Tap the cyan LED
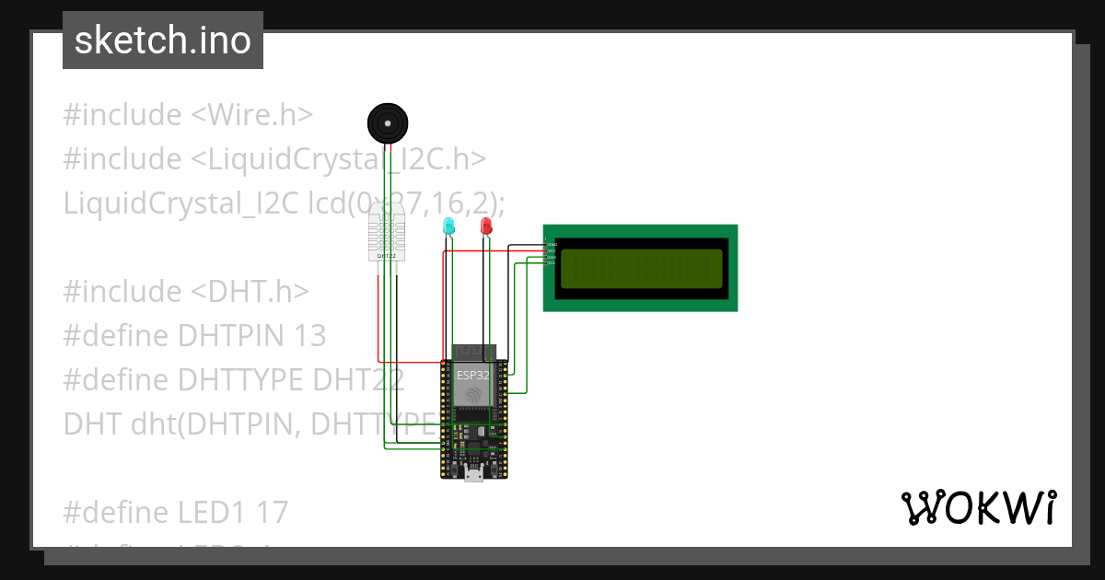pyautogui.click(x=448, y=226)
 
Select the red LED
pyautogui.click(x=486, y=226)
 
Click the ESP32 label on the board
pyautogui.click(x=473, y=375)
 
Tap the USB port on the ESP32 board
pyautogui.click(x=474, y=474)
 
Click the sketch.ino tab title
pyautogui.click(x=162, y=41)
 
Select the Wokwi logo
pyautogui.click(x=978, y=508)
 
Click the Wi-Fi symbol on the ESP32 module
pyautogui.click(x=473, y=394)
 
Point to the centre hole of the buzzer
pyautogui.click(x=388, y=122)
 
